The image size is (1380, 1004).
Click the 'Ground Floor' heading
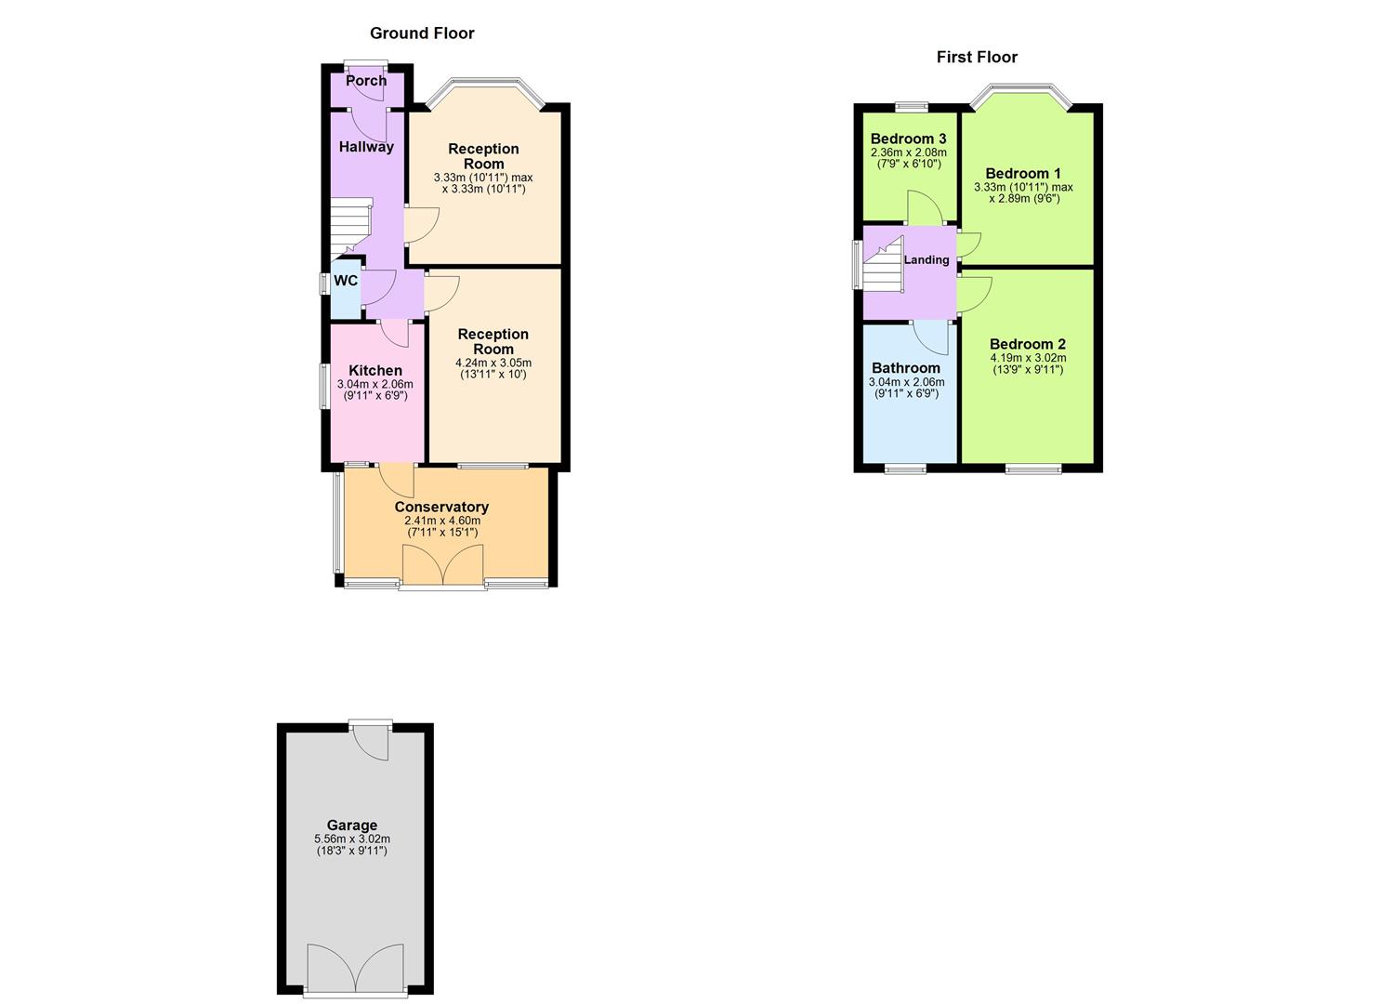click(422, 33)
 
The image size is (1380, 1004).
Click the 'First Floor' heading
click(977, 58)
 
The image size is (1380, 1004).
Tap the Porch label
click(366, 81)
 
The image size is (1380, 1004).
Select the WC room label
click(346, 281)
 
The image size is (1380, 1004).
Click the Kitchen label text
click(375, 370)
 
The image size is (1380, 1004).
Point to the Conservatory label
click(441, 507)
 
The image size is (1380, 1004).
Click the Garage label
click(352, 825)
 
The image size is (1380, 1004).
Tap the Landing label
click(927, 259)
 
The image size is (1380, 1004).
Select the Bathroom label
click(906, 368)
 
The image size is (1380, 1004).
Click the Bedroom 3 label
click(908, 139)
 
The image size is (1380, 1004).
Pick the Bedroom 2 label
click(1028, 344)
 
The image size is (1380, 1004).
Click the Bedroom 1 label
click(1023, 174)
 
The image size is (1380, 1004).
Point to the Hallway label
click(366, 147)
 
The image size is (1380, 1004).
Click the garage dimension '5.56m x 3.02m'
click(352, 839)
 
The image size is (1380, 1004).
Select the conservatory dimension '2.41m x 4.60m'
click(442, 521)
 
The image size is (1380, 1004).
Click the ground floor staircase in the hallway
click(350, 226)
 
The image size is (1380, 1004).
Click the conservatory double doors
click(443, 566)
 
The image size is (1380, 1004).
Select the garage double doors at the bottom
click(356, 970)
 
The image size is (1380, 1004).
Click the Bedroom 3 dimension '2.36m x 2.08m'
click(908, 152)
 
